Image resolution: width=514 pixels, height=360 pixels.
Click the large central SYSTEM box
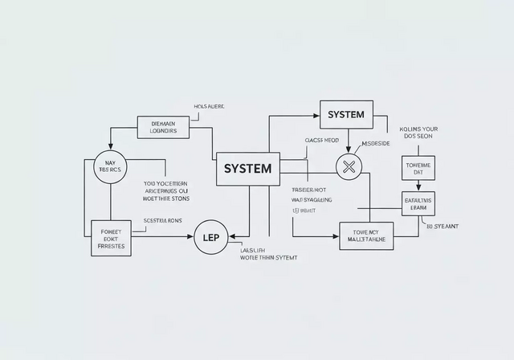coord(247,169)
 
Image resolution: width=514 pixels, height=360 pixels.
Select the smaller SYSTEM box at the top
coord(346,115)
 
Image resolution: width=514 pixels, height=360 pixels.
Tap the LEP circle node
coord(212,238)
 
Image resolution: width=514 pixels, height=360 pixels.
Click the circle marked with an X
coord(349,167)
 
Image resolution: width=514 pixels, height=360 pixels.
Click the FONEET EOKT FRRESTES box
coord(111,238)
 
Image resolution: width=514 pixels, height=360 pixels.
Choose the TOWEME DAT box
coord(418,170)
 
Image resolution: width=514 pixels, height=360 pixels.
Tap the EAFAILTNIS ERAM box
coord(418,204)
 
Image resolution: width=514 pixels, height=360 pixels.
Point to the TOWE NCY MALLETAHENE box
coord(367,235)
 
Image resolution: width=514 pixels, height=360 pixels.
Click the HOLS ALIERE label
coord(210,106)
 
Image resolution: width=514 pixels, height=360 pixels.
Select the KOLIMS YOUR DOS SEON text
coord(418,132)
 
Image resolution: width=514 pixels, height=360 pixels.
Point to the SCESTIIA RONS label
coord(163,219)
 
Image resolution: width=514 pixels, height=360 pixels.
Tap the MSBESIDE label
coord(376,144)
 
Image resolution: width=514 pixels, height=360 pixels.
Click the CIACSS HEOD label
coord(321,140)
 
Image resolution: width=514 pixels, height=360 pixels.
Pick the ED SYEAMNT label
coord(443,227)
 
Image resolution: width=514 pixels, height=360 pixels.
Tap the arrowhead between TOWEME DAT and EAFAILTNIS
coord(418,188)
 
